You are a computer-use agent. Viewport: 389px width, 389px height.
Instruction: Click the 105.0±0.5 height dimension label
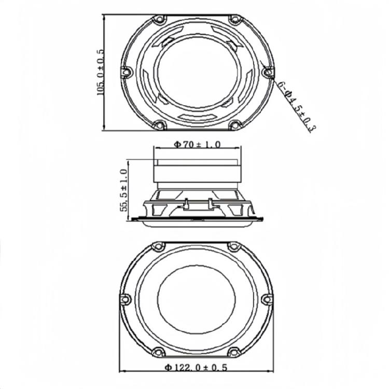100,72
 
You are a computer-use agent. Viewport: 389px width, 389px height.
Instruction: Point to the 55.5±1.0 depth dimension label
123,190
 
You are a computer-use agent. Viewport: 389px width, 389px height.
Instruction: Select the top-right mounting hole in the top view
235,20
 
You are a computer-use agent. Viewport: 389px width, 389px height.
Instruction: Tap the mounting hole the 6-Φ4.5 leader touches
268,73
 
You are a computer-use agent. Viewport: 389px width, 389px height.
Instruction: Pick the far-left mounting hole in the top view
124,73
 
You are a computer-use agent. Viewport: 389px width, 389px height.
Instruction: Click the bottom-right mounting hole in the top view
234,125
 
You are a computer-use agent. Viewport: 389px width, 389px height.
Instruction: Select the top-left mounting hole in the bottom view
156,246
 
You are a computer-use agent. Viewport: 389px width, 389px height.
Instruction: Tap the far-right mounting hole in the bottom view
267,299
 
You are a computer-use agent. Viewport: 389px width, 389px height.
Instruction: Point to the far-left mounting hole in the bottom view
124,299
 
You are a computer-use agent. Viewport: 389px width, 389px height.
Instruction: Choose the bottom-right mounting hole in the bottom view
234,351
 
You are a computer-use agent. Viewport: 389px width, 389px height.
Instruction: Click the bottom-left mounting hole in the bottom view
157,351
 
